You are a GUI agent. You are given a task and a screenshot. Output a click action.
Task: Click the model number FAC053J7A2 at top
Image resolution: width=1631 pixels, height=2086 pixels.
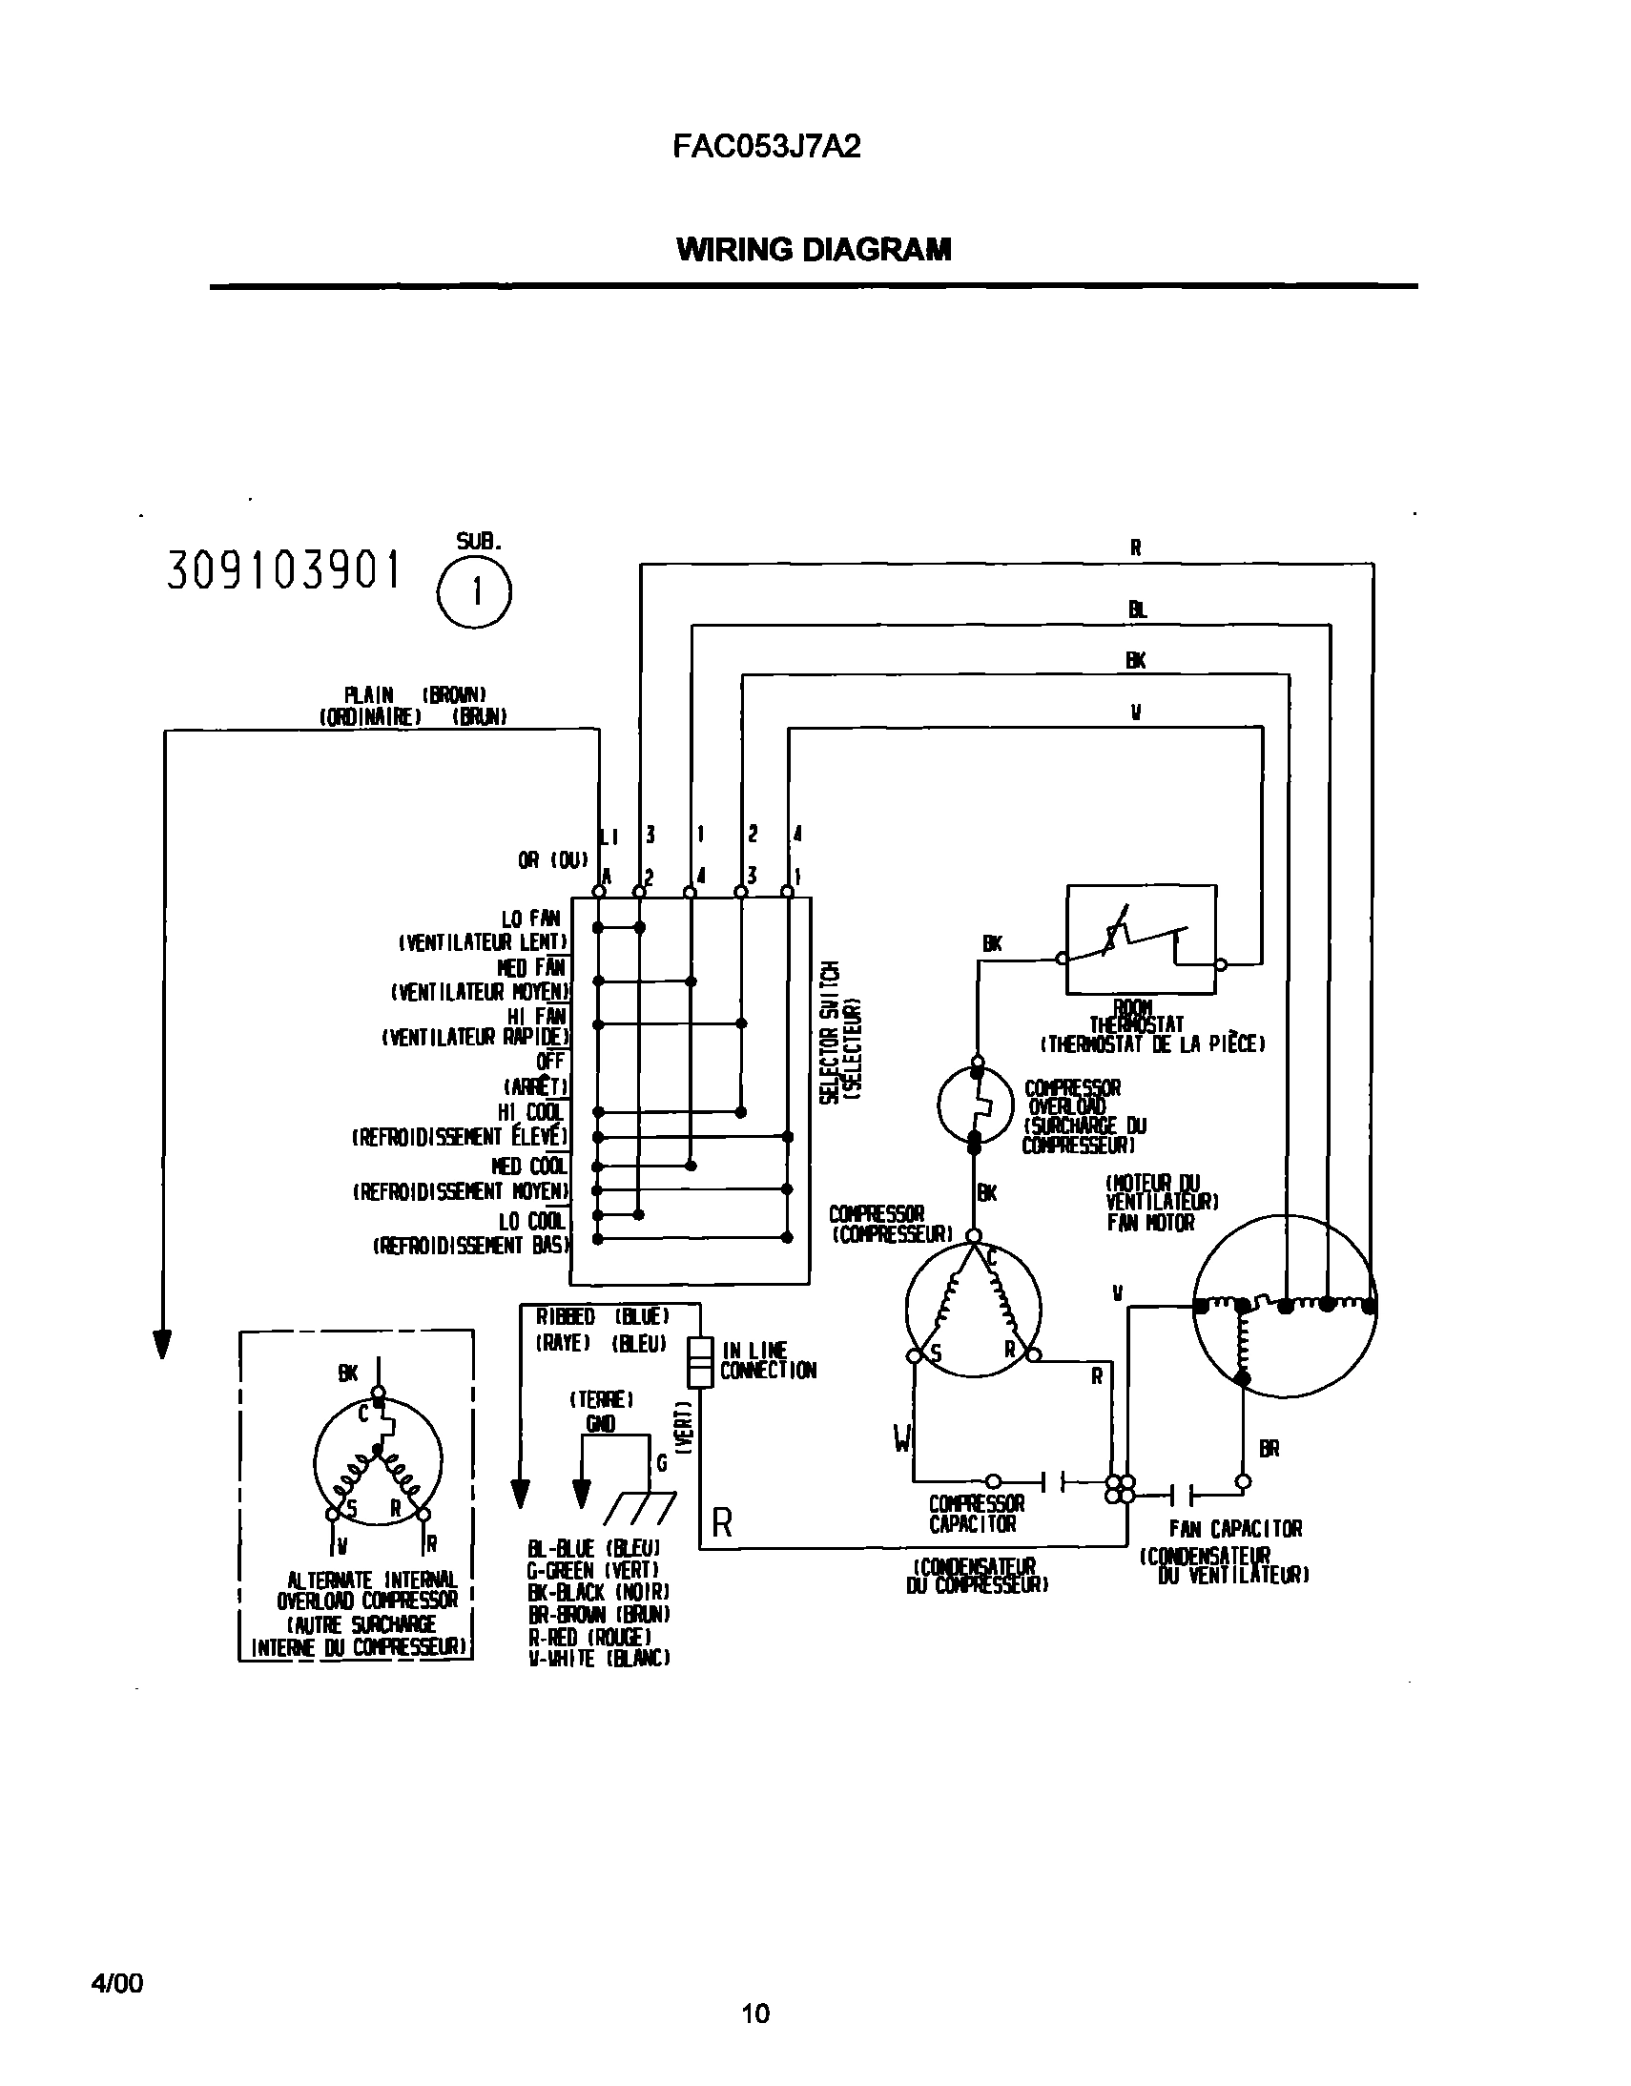[x=766, y=146]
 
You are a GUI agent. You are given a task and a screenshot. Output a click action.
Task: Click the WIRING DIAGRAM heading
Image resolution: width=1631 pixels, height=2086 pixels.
[x=814, y=249]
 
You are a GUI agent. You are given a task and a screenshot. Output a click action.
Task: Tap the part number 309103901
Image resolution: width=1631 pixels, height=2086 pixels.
[x=283, y=571]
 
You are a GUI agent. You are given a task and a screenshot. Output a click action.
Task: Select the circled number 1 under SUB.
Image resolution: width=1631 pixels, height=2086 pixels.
[x=475, y=592]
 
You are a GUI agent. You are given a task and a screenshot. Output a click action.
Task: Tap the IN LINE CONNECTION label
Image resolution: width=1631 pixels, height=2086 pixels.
[x=767, y=1360]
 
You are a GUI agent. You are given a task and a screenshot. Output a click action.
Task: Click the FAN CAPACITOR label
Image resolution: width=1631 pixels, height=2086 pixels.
[x=1235, y=1528]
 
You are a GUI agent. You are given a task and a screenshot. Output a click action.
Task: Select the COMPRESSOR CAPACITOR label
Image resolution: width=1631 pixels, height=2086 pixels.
[x=976, y=1514]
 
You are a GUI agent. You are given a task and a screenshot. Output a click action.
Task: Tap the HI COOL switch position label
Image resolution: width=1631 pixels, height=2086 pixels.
[x=531, y=1112]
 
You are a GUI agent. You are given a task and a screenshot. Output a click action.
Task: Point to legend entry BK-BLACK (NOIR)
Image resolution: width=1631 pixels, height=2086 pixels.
[x=599, y=1591]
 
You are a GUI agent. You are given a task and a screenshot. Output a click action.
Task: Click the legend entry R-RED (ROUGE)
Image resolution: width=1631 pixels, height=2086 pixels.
[x=590, y=1635]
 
